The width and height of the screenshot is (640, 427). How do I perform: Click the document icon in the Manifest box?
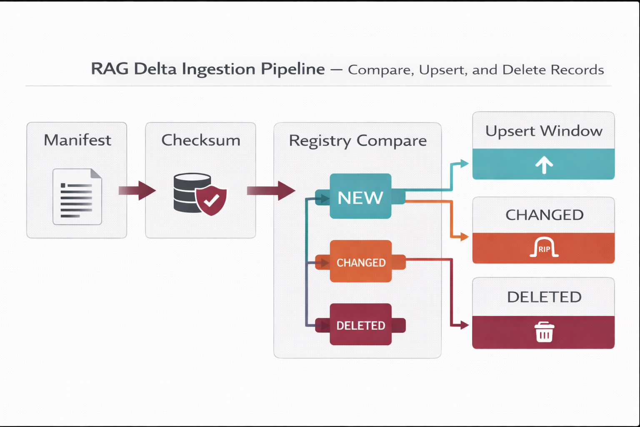tap(77, 196)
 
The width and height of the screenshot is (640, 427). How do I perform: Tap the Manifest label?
tap(77, 140)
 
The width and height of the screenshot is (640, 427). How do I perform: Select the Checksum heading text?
tap(200, 140)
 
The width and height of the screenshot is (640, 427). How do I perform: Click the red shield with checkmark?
tap(211, 201)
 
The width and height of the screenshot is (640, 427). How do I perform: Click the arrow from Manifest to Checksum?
tap(137, 191)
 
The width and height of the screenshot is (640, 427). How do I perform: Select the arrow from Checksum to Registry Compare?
tap(271, 191)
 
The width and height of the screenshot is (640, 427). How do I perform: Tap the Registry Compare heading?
tap(357, 141)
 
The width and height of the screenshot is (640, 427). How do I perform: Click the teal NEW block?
tap(360, 196)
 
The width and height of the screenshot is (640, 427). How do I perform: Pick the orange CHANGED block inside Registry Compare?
tap(360, 261)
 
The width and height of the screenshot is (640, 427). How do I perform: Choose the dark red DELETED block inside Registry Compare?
tap(360, 325)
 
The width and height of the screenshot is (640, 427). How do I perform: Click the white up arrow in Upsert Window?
tap(544, 165)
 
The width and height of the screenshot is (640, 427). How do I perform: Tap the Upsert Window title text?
tap(544, 131)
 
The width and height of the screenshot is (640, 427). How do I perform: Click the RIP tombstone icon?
tap(544, 248)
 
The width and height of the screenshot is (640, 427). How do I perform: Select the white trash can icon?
tap(544, 332)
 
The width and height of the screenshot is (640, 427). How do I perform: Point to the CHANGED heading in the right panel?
tap(544, 215)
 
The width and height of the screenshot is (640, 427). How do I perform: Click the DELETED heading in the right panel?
tap(544, 297)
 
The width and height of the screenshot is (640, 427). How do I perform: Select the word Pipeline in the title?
tap(292, 69)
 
